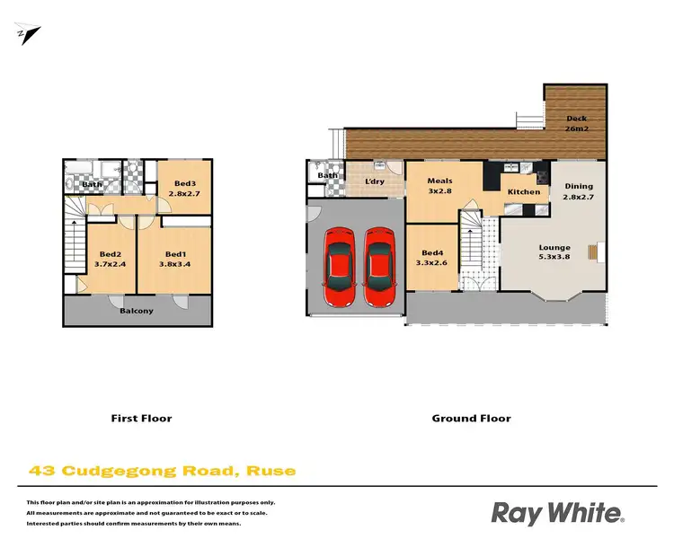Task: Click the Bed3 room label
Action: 185,183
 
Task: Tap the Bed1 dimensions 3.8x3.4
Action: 175,264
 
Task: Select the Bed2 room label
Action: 111,253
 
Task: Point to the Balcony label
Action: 137,311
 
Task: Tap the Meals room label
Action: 439,181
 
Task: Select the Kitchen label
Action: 524,191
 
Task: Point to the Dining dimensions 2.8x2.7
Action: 579,198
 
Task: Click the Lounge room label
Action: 554,246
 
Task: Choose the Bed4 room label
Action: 431,252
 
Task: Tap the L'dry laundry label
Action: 375,183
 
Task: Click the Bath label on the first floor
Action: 93,185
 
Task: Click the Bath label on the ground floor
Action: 327,175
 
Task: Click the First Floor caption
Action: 140,418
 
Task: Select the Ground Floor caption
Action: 471,418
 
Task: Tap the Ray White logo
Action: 557,513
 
